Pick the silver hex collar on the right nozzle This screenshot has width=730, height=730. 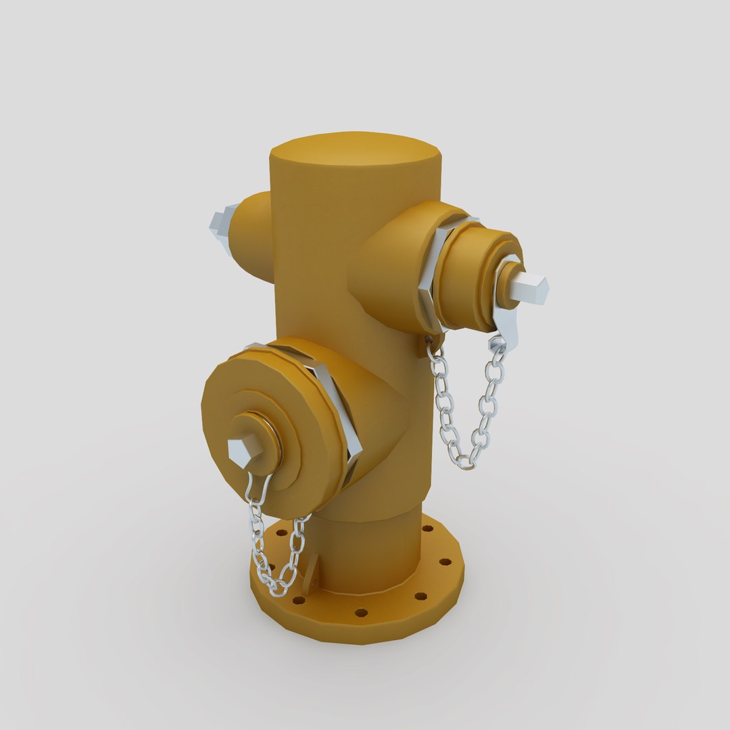coord(433,270)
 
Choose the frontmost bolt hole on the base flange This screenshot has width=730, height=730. coord(361,612)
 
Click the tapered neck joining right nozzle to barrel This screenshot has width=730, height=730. coord(385,270)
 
